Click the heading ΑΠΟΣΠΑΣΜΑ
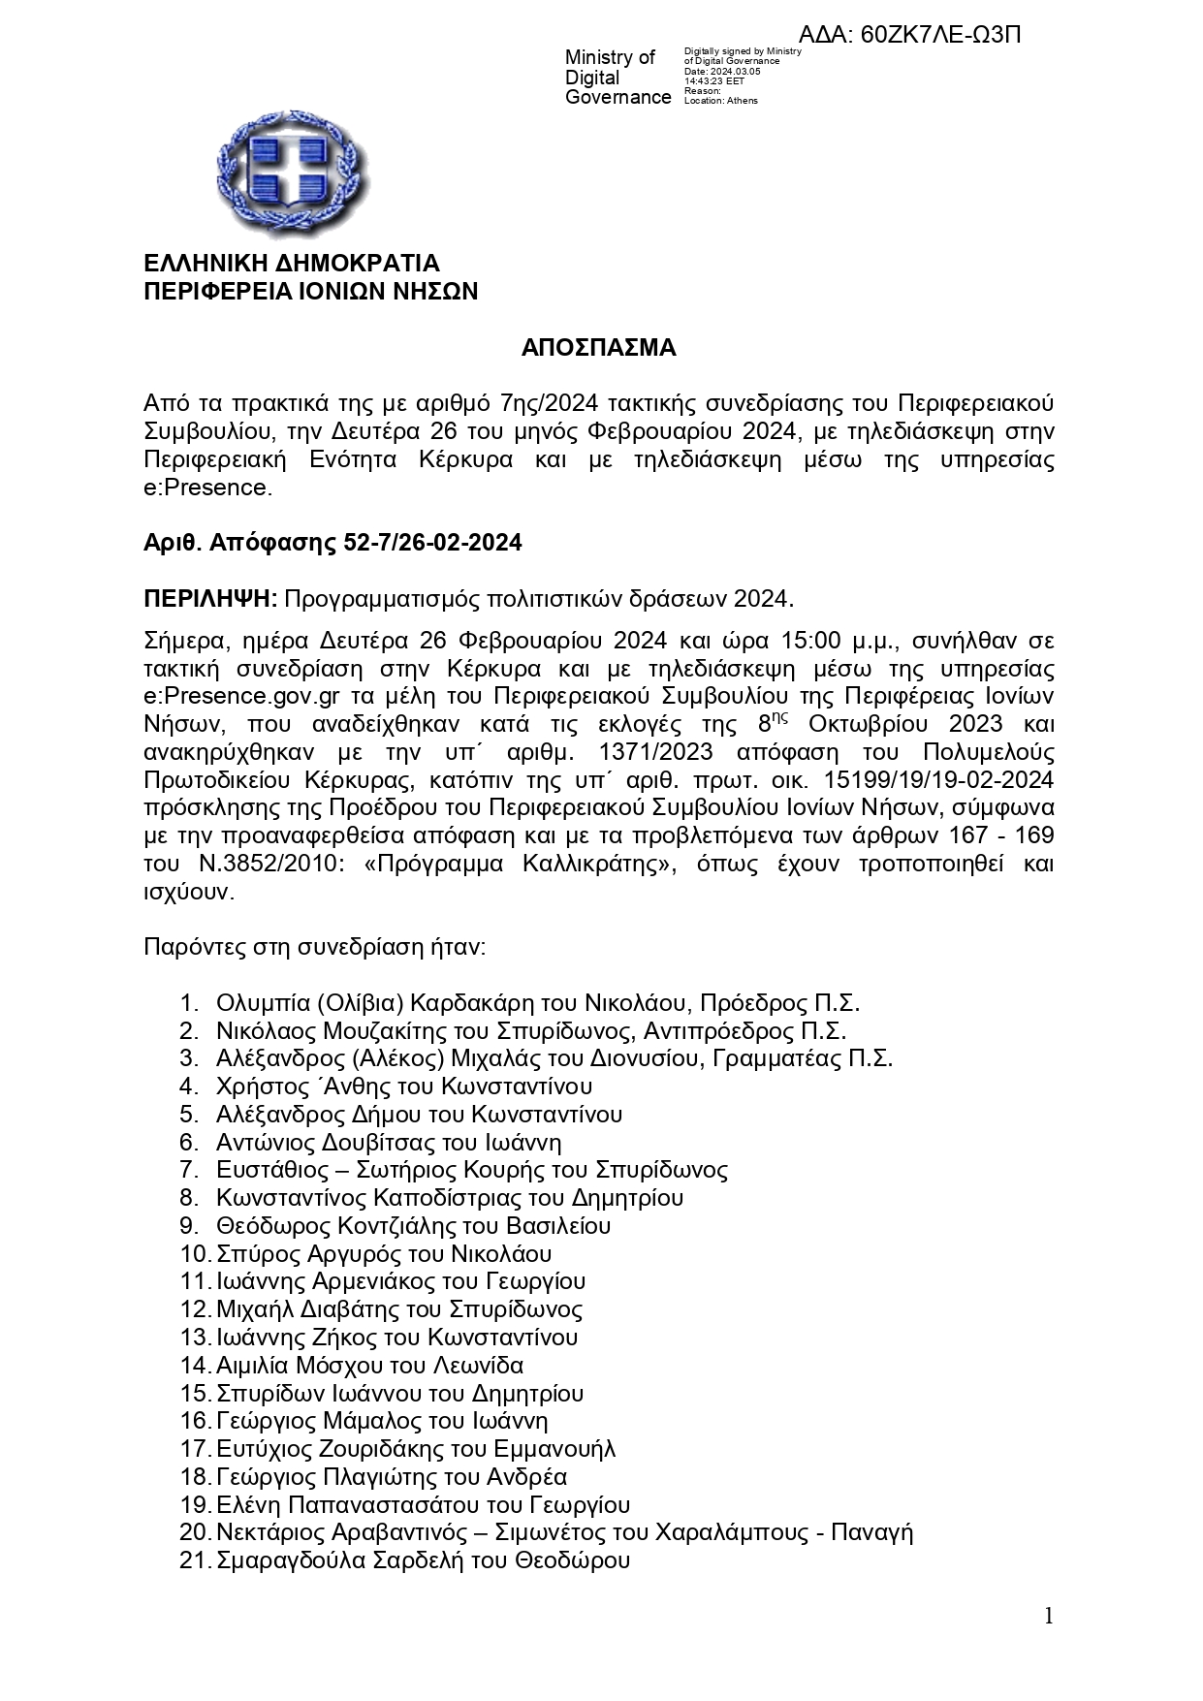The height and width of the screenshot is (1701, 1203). tap(598, 348)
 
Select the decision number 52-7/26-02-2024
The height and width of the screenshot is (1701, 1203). tap(432, 543)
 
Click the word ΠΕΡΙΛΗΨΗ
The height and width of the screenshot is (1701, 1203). tap(210, 598)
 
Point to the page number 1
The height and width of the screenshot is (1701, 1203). tap(1047, 1615)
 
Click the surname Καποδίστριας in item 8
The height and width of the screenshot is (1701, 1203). tap(445, 1198)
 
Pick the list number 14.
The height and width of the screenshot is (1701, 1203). tap(194, 1366)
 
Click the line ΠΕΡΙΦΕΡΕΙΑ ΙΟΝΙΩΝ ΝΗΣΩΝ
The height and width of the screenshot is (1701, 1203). tap(310, 292)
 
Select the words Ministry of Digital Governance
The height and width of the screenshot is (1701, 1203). tap(617, 78)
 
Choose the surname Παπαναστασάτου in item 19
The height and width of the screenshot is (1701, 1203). tap(386, 1505)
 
